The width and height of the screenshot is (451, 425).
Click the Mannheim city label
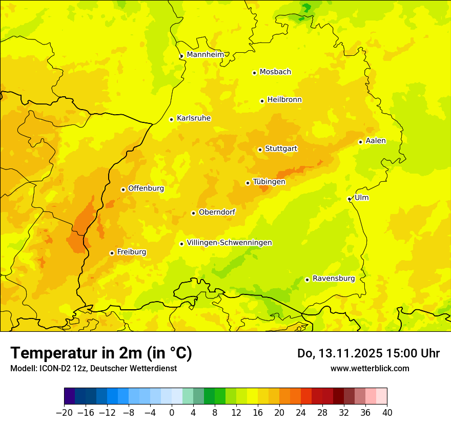click(206, 55)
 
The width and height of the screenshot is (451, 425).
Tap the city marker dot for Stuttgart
click(260, 150)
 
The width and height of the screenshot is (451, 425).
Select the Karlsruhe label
click(194, 118)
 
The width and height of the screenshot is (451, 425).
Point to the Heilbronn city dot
click(262, 101)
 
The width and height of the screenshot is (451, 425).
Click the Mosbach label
click(275, 72)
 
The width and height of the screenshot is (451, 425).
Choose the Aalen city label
click(376, 141)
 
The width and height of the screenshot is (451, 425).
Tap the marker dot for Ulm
click(350, 199)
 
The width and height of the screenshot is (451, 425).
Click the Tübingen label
click(269, 182)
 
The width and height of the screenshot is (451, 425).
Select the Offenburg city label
click(146, 188)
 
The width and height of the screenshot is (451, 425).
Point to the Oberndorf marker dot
click(193, 213)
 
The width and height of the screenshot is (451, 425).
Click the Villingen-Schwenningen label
click(229, 243)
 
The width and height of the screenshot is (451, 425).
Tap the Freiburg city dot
click(112, 253)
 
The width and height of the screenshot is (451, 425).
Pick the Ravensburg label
click(334, 279)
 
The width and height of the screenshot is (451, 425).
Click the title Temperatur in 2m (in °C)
click(101, 353)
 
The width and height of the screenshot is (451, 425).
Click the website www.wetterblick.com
click(370, 368)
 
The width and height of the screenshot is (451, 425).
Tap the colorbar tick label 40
click(387, 412)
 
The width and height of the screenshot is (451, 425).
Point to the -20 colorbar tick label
click(64, 412)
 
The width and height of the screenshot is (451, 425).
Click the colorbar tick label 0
click(172, 412)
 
